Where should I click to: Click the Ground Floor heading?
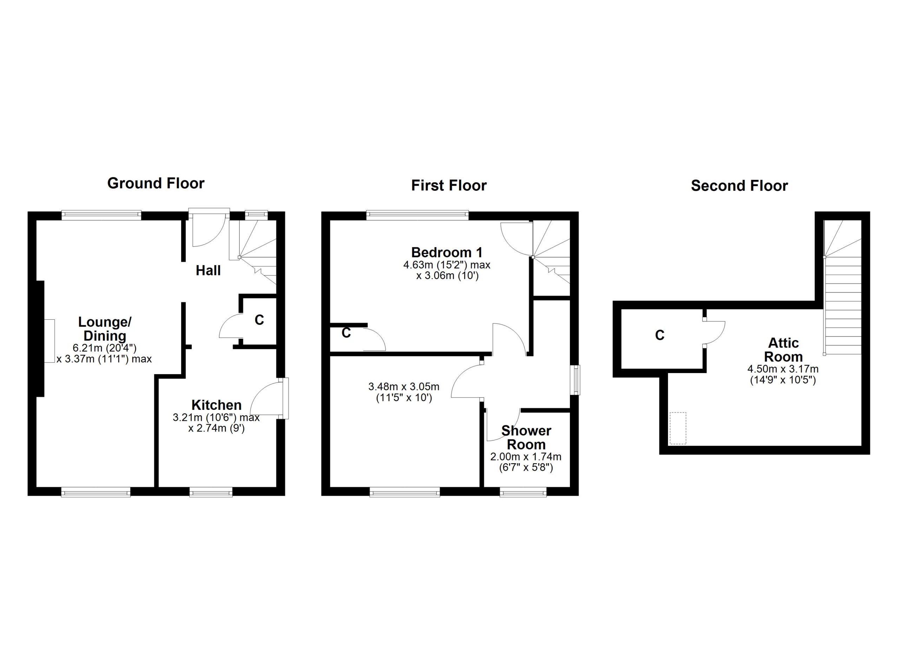point(156,183)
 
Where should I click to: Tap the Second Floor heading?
point(739,186)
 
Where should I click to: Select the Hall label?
point(208,271)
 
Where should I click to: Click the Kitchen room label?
point(216,405)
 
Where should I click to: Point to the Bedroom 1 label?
point(447,253)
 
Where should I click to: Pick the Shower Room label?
point(526,438)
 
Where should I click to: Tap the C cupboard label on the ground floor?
point(259,320)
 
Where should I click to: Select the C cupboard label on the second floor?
point(660,335)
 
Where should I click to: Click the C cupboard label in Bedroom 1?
point(346,333)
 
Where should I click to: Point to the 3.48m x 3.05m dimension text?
point(403,392)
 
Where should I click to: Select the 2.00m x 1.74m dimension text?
point(526,462)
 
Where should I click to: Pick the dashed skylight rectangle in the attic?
point(678,429)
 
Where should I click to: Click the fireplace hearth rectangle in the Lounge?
point(50,340)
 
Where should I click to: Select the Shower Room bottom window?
point(523,493)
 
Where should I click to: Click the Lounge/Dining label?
point(105,329)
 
